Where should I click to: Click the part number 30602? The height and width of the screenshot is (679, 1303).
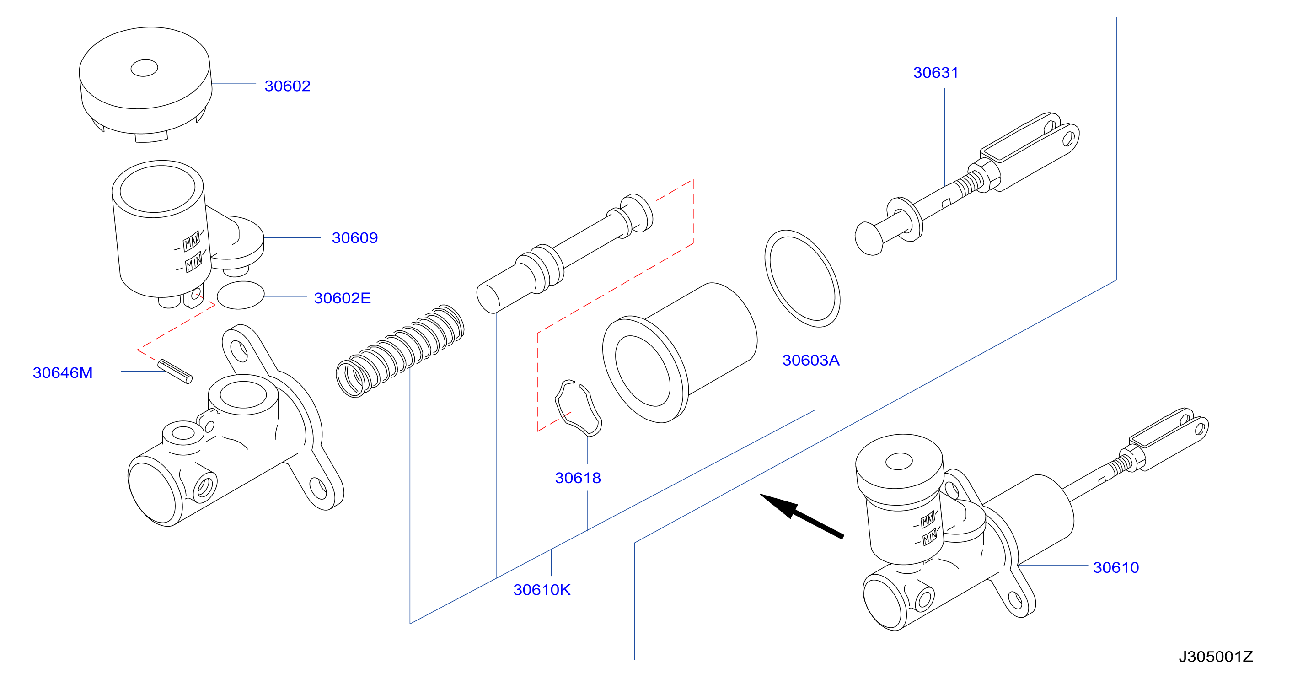[287, 86]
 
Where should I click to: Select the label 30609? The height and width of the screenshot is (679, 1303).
[354, 238]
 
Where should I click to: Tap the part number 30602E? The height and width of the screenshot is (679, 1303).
[343, 298]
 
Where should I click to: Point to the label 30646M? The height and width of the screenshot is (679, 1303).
[63, 372]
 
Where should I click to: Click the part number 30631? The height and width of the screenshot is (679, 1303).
[936, 73]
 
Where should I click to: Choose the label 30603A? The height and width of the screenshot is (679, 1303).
[811, 360]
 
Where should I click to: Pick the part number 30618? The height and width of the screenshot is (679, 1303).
[578, 478]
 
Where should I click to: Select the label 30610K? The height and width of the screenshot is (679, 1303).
[542, 589]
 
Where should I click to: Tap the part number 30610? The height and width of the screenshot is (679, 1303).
[1116, 568]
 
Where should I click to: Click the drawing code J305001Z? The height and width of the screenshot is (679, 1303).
[1216, 657]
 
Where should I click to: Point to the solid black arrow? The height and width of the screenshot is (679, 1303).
[802, 516]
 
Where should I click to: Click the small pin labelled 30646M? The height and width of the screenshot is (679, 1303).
[175, 372]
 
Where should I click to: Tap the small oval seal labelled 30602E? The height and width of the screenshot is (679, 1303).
[241, 295]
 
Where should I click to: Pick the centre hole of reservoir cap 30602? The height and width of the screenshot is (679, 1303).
[144, 68]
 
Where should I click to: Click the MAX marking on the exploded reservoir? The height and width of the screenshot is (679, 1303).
[191, 241]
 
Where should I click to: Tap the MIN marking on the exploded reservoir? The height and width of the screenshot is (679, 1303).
[194, 262]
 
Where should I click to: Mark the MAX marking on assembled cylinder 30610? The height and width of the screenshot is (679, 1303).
[928, 520]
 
